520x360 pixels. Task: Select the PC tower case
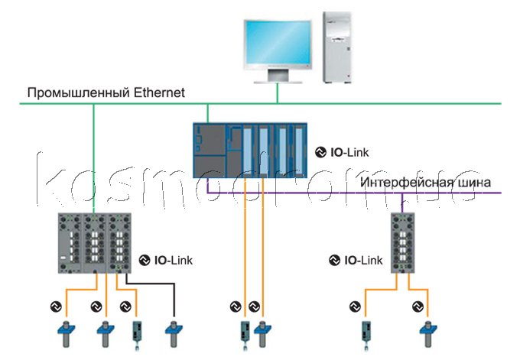337,47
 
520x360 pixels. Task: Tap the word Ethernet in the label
159,92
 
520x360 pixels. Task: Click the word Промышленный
78,92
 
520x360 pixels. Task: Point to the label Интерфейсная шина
425,183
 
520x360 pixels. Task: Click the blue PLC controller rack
250,151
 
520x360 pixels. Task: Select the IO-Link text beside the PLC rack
349,152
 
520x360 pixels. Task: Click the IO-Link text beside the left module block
174,260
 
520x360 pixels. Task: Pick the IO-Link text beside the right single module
363,260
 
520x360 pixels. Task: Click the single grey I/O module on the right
402,243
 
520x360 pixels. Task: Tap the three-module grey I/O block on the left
95,243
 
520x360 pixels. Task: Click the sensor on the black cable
174,334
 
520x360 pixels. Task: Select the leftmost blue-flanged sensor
67,334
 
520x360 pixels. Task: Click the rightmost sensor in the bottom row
428,334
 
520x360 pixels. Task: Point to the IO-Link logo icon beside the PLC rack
320,152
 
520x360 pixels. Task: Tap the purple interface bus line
354,193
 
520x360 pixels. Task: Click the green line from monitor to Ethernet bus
278,93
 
